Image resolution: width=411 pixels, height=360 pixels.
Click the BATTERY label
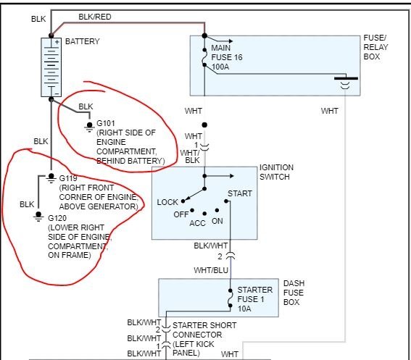click(x=83, y=41)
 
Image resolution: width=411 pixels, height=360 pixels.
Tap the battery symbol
click(x=51, y=67)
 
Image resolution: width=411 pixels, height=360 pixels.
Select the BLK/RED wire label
click(x=95, y=17)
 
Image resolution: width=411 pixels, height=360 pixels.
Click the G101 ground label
click(x=106, y=123)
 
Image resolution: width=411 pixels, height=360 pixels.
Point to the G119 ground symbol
click(x=51, y=178)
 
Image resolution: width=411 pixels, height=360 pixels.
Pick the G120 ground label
click(x=57, y=218)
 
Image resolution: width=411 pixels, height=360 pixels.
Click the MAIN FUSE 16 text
click(x=227, y=53)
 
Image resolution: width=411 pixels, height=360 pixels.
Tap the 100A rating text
click(x=220, y=67)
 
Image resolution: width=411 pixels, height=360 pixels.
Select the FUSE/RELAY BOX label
click(x=375, y=47)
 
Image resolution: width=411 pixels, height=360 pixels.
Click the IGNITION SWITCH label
click(x=276, y=172)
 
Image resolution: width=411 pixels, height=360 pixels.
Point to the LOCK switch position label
click(x=167, y=202)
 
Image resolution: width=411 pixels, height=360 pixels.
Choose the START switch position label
click(x=240, y=193)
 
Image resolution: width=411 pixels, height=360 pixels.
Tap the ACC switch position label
click(x=197, y=224)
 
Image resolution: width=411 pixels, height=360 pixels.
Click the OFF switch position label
click(x=181, y=214)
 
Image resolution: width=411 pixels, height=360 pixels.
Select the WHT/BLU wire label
click(x=211, y=270)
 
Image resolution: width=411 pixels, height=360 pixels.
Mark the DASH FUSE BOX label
click(x=294, y=293)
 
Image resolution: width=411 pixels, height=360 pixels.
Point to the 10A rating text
click(x=244, y=309)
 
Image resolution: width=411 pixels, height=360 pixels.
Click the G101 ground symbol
click(x=89, y=127)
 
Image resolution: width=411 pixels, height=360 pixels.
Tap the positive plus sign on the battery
click(x=57, y=42)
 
